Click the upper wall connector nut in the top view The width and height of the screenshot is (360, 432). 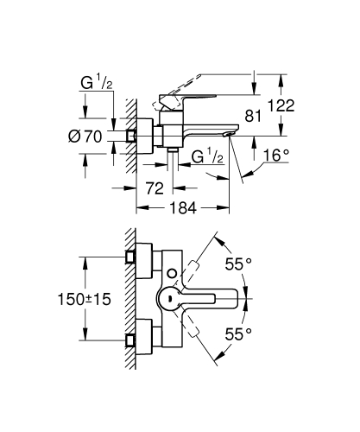131,257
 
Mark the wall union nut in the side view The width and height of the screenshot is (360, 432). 131,136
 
